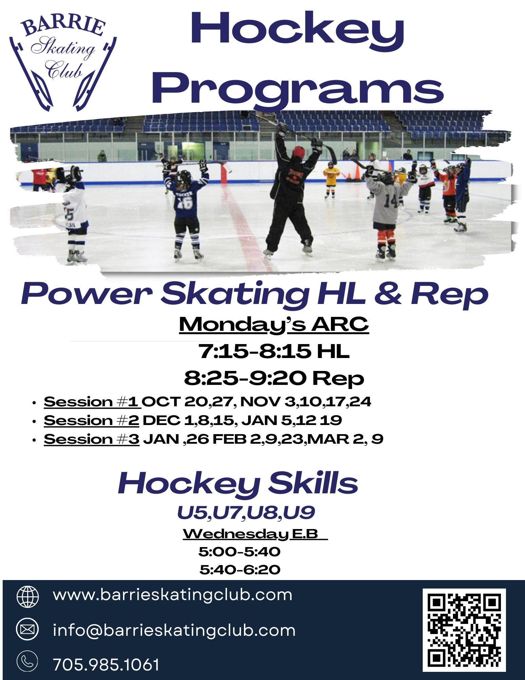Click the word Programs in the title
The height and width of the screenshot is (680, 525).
coord(298,88)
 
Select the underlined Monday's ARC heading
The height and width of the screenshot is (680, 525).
coord(274,325)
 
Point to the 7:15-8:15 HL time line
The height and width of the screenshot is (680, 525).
coord(274,351)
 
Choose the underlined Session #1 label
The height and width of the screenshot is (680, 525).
coord(91,402)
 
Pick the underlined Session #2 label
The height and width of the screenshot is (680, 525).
coord(91,421)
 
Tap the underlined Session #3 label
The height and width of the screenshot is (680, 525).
coord(91,439)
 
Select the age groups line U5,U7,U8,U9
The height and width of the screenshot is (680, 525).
coord(246,513)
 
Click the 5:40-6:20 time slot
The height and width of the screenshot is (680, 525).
coord(240,569)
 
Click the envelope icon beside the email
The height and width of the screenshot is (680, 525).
coord(28,629)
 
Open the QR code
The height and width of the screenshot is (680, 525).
coord(464,630)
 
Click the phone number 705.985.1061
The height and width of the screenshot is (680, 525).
coord(106,665)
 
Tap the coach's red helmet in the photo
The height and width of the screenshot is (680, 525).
coord(298,152)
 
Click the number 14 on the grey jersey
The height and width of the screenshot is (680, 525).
coord(391,202)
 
